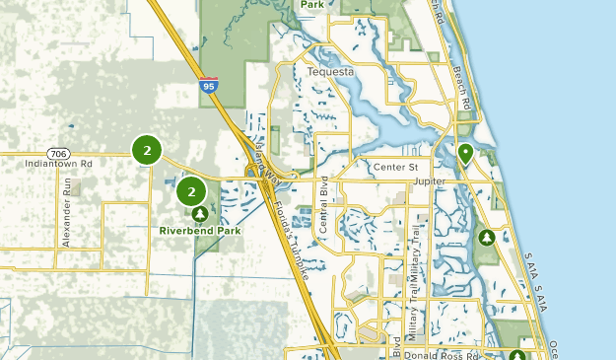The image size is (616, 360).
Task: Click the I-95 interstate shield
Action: (207, 86)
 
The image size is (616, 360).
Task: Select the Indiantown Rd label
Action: (59, 164)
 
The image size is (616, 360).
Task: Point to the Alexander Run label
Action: (67, 212)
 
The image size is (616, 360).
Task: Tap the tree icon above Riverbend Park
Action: (200, 212)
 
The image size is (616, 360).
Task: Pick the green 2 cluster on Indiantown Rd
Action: (147, 151)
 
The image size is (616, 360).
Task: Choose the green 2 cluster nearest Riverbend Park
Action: (190, 192)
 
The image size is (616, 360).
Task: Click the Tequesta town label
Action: (329, 72)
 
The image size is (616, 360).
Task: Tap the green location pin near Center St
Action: (465, 153)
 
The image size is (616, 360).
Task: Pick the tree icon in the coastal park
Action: (486, 237)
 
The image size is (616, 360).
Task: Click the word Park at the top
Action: (312, 5)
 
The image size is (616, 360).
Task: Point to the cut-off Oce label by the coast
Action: (555, 346)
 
